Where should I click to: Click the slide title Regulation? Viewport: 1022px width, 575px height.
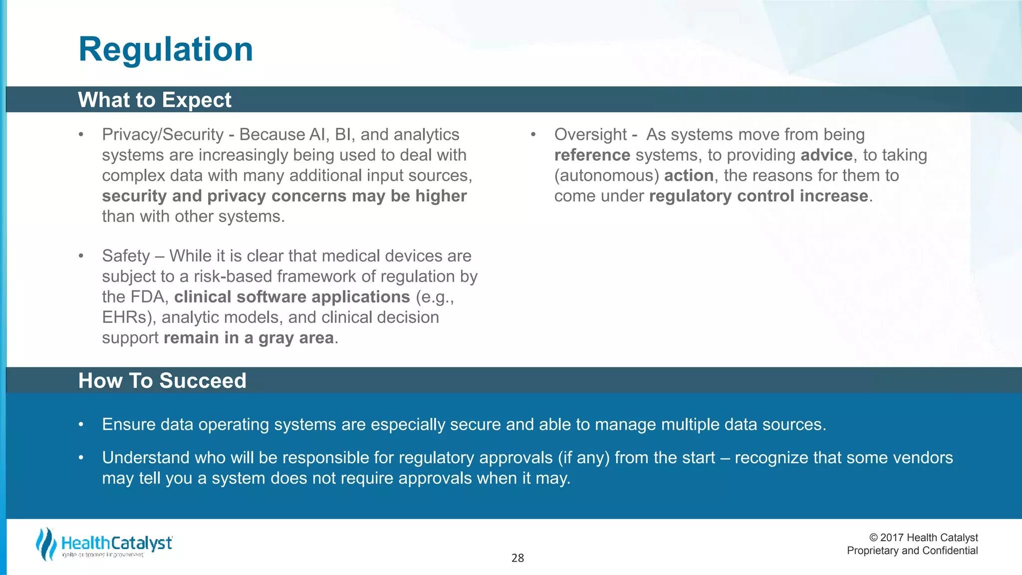[166, 49]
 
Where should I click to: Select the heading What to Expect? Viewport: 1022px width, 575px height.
[155, 100]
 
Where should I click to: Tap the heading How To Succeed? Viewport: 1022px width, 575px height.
[162, 381]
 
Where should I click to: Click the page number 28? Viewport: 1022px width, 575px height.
[517, 558]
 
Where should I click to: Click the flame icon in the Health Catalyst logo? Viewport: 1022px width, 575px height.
[46, 544]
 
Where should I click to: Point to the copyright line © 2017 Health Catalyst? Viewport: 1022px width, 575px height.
[923, 538]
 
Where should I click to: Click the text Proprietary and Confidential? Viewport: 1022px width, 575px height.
[912, 551]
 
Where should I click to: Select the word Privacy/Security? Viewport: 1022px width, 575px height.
[163, 135]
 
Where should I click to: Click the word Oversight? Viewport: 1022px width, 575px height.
[590, 135]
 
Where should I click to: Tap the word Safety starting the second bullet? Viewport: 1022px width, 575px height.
[126, 256]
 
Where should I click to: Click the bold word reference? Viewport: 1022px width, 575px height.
[592, 155]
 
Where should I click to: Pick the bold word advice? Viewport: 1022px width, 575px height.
[826, 155]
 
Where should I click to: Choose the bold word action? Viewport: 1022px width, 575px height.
[689, 176]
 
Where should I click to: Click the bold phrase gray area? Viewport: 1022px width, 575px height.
[296, 338]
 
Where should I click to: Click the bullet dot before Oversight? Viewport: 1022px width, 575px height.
[533, 135]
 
